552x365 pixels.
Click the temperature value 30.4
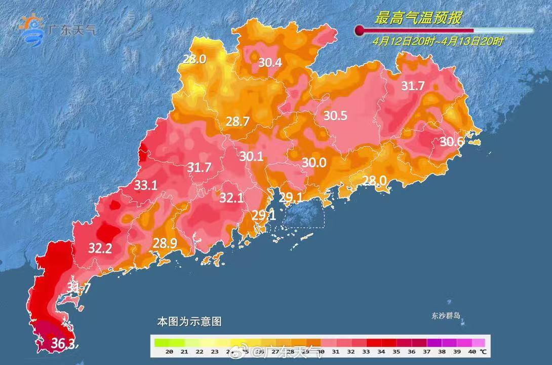click(x=270, y=63)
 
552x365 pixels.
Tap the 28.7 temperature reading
click(x=238, y=121)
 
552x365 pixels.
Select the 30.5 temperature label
click(x=335, y=116)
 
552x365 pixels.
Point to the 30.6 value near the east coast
click(x=451, y=141)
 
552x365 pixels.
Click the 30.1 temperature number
click(x=251, y=157)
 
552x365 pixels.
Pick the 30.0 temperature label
click(x=314, y=162)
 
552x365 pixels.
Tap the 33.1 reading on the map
click(x=146, y=185)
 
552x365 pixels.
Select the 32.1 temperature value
click(x=231, y=198)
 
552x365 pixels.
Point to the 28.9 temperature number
click(x=165, y=243)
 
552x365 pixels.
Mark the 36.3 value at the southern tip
click(x=63, y=344)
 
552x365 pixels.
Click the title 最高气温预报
click(x=418, y=18)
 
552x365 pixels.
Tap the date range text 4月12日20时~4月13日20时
click(x=438, y=42)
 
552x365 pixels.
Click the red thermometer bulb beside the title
click(x=360, y=30)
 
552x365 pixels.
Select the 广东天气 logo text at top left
click(x=71, y=30)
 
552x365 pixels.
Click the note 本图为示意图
click(x=189, y=321)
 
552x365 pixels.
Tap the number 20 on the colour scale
click(x=170, y=351)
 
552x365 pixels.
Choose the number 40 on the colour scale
click(x=471, y=351)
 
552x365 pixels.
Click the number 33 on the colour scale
click(x=366, y=351)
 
